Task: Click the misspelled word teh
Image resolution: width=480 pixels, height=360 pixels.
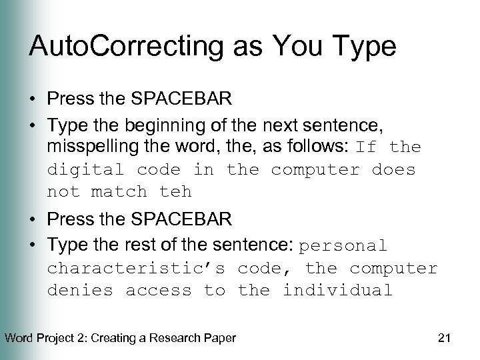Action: click(175, 192)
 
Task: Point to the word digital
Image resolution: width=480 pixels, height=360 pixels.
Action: click(85, 169)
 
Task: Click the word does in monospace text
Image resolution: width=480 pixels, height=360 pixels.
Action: click(393, 169)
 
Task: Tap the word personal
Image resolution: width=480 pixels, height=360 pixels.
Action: click(343, 246)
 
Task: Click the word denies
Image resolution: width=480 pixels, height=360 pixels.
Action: click(79, 291)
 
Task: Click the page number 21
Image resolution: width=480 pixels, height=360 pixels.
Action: click(445, 338)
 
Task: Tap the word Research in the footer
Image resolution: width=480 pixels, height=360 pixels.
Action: click(159, 338)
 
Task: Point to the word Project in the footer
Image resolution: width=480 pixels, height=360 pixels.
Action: click(55, 338)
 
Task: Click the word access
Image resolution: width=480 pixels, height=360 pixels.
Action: click(159, 291)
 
